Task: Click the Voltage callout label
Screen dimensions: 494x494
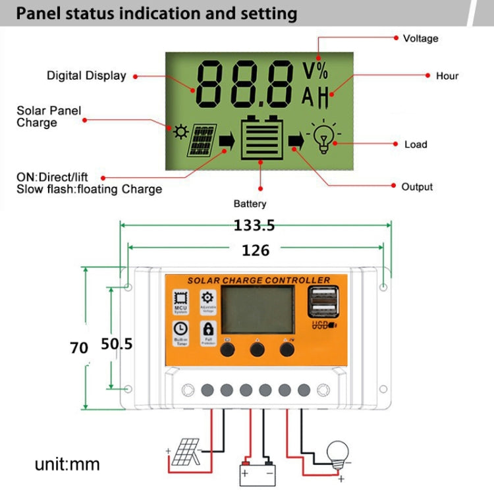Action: [420, 39]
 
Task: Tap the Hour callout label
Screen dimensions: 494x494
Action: [447, 76]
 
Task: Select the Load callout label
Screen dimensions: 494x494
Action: [415, 144]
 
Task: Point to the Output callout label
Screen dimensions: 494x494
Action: [417, 187]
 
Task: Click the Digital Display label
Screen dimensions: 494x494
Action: [86, 76]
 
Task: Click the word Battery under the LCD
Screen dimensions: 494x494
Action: [250, 204]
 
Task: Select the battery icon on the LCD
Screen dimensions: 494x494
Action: [262, 138]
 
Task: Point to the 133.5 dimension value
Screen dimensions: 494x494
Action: [254, 225]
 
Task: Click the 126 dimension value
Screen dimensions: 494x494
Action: [256, 250]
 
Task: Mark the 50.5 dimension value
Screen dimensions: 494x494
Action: [117, 344]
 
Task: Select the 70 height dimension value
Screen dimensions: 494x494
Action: [79, 348]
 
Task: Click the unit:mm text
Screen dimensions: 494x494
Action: [67, 464]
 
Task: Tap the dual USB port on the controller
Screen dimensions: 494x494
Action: [320, 302]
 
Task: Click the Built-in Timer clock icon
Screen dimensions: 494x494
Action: [180, 329]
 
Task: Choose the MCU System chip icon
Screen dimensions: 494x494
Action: [180, 298]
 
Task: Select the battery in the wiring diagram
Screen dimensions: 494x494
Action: [258, 472]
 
